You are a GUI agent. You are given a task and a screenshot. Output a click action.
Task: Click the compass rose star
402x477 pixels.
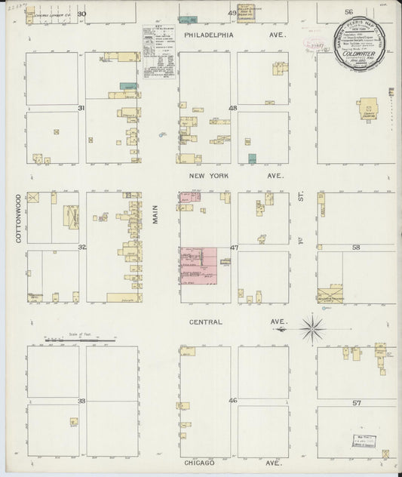311,328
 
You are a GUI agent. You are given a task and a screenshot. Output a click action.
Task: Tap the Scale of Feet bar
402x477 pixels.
79,340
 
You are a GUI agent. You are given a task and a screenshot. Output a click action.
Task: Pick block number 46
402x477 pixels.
234,400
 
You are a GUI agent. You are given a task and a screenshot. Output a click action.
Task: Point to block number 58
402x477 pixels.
356,247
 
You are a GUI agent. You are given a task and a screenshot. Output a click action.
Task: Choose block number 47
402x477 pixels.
234,247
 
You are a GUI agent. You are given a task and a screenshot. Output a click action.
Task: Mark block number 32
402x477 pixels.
82,247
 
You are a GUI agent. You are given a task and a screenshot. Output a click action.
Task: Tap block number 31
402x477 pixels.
81,108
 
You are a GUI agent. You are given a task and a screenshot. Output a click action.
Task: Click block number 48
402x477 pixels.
234,108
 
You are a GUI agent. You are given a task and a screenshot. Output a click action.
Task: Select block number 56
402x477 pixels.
348,13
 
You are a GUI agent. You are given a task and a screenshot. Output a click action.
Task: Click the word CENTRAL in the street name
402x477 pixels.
206,322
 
